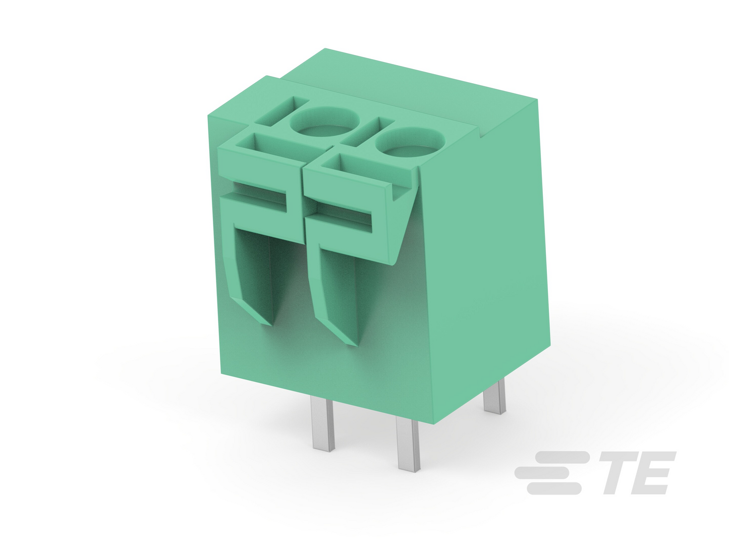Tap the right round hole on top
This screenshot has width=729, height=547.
coord(410,143)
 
